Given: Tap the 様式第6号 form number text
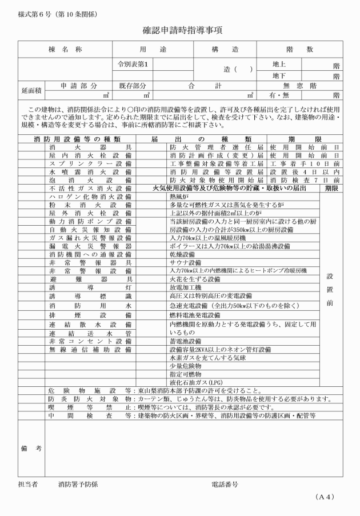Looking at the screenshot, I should (x=34, y=12).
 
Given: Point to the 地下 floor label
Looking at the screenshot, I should (x=279, y=75).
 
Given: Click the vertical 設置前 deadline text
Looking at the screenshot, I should (x=330, y=289).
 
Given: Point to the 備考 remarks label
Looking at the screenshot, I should (x=31, y=449).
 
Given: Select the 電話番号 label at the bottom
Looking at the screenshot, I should (x=224, y=484).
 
